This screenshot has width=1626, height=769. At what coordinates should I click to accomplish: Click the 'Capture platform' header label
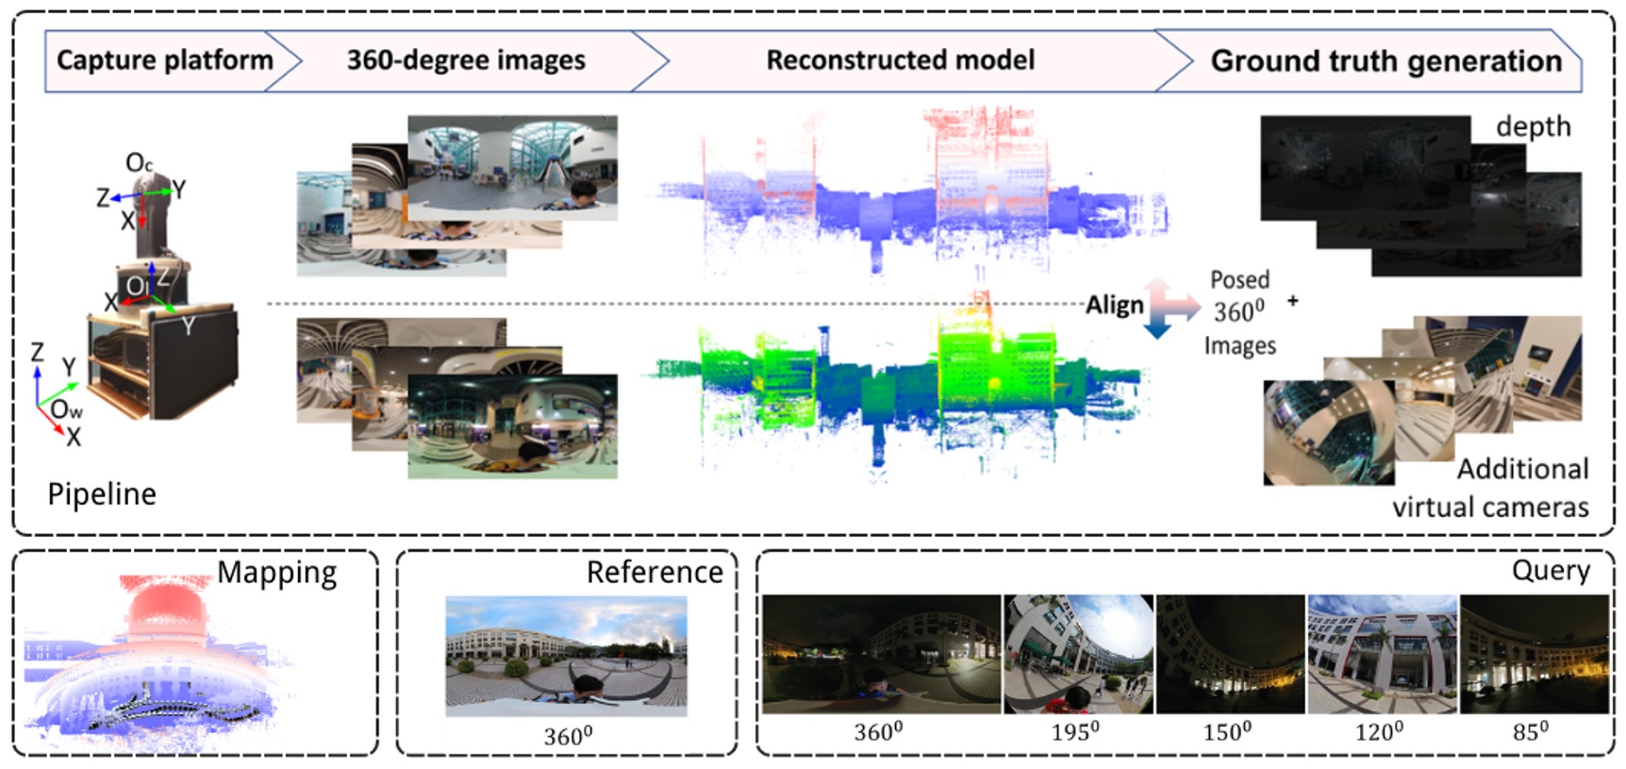[165, 60]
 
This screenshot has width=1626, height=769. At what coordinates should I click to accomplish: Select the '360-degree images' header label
[466, 60]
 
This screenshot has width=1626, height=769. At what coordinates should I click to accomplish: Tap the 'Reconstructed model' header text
[900, 60]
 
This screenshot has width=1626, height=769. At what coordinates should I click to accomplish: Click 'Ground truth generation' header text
[1385, 61]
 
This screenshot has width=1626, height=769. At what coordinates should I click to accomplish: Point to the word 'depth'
[1533, 126]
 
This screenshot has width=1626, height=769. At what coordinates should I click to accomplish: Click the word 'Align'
[1114, 305]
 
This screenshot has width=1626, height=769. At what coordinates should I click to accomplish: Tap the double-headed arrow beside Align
[1160, 308]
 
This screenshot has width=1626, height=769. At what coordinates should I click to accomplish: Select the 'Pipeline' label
[102, 493]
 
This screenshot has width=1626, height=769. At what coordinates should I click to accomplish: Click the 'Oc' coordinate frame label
[139, 163]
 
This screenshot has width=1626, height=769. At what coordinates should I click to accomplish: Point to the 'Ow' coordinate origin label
[66, 409]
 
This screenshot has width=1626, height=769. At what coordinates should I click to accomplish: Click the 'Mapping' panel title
[276, 573]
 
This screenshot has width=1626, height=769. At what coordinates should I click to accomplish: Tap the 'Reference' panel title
[655, 572]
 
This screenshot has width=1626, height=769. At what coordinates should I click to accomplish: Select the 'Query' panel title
[1550, 570]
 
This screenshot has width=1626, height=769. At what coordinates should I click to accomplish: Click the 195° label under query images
[1075, 732]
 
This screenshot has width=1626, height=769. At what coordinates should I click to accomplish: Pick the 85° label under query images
[1530, 732]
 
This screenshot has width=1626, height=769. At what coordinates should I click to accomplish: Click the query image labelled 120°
[1382, 653]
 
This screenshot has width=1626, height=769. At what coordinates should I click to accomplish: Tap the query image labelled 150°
[1230, 653]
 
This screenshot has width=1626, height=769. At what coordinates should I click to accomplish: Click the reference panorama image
[566, 656]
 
